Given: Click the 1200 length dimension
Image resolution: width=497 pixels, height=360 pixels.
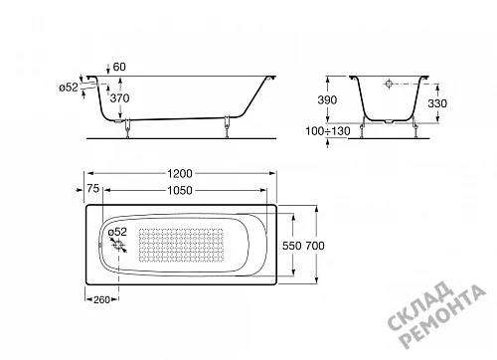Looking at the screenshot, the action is [180, 173].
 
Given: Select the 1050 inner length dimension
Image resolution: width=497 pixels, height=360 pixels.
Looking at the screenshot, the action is [180, 190].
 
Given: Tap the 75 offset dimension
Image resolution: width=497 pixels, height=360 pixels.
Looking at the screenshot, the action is [93, 188].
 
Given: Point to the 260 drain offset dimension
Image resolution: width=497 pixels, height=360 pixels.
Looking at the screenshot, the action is [101, 299].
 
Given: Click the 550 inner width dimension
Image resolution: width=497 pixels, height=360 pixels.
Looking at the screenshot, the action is [292, 246].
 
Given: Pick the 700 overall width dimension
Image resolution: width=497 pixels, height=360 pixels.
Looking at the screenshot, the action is [315, 246].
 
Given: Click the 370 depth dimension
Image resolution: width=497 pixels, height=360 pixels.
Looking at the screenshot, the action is [119, 98].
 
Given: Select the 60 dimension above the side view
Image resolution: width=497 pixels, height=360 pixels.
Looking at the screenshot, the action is [119, 67].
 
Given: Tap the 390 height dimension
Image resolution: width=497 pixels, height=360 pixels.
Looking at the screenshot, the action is [327, 99].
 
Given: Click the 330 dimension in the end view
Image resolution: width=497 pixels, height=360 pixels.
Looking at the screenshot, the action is [437, 103].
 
